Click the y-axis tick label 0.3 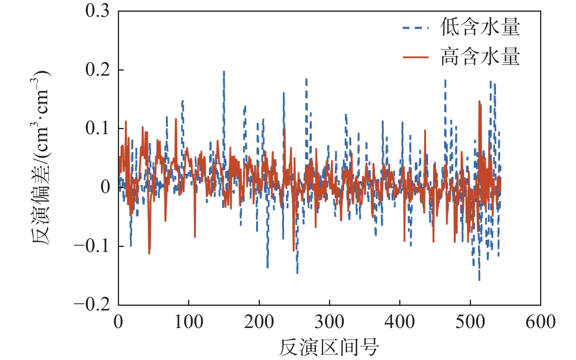98,11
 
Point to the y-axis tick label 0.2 98,70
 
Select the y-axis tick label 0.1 98,128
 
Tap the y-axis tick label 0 105,187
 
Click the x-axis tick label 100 188,322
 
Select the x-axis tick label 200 259,322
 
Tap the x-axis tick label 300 329,322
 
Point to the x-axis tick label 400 400,322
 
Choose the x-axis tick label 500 470,322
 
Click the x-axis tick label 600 540,322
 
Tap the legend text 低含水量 480,27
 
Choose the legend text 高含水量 480,57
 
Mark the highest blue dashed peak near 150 224,71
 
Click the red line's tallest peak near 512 479,101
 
